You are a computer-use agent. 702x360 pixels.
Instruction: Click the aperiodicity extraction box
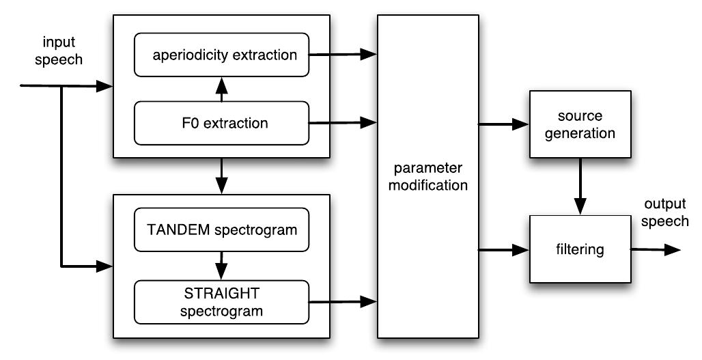222,55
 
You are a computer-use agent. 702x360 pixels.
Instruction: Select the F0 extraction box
222,124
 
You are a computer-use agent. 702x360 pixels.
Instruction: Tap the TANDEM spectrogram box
222,230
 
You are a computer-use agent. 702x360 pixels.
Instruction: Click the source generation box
580,124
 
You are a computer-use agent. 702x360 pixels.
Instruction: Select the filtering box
580,249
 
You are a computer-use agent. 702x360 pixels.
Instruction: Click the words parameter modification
427,177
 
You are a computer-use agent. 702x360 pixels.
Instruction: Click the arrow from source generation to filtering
580,186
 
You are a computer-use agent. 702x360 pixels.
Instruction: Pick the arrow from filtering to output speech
656,250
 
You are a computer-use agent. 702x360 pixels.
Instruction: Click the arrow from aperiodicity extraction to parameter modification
343,52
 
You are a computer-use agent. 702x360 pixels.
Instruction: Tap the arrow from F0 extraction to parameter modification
343,123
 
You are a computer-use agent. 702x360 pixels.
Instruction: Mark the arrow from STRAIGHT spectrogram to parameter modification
343,301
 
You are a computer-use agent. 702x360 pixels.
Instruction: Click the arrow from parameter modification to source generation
504,124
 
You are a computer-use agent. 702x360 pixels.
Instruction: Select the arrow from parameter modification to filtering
504,250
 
